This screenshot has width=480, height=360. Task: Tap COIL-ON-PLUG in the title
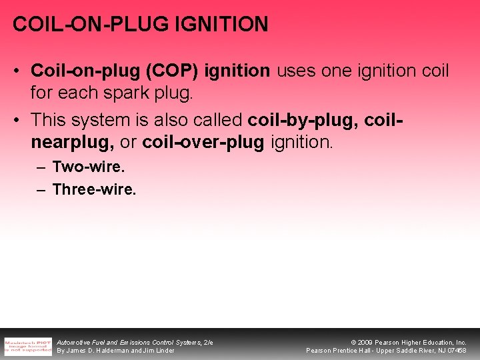(91, 25)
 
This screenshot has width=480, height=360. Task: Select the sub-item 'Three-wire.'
(94, 190)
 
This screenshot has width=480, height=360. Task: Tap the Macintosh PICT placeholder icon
(28, 345)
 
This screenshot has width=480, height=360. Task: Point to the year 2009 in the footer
(366, 342)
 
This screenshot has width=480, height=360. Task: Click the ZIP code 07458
(457, 351)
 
